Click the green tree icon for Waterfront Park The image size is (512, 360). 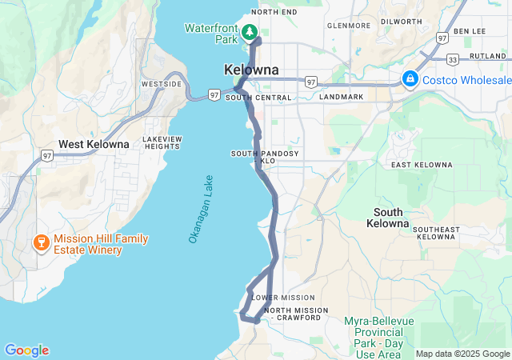click(x=250, y=32)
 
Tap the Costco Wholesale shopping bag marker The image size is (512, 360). click(x=410, y=79)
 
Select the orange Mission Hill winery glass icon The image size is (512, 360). click(x=39, y=242)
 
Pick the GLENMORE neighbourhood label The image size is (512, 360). click(x=346, y=26)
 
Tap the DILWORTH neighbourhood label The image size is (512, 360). click(x=402, y=22)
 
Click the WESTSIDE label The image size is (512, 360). click(x=161, y=84)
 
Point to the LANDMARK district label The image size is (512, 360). click(x=342, y=97)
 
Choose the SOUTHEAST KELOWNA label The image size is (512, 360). click(x=436, y=233)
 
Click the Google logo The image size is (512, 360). click(x=26, y=350)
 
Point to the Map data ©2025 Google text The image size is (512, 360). click(x=462, y=354)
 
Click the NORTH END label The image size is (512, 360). click(x=274, y=12)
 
